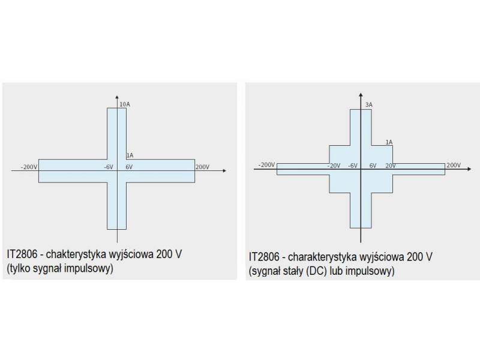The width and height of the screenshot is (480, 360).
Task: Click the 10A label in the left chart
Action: click(125, 104)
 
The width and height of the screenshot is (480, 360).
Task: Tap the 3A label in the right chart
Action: click(369, 105)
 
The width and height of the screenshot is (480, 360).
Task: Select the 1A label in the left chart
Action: click(130, 155)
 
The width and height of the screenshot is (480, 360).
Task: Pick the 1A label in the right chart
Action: click(389, 142)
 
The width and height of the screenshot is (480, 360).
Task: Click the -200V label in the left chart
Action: click(29, 166)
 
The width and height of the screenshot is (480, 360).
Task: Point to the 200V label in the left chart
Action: click(202, 166)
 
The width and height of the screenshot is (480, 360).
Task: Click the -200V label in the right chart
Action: click(266, 164)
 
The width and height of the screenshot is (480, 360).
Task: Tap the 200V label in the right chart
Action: click(454, 165)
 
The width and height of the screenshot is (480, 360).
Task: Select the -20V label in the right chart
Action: click(334, 166)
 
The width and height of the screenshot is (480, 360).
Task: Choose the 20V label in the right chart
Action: click(390, 166)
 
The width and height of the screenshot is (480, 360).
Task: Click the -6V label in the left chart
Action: click(108, 166)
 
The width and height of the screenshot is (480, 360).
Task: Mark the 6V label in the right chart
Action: click(373, 166)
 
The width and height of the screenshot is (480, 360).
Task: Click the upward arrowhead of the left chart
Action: click(117, 96)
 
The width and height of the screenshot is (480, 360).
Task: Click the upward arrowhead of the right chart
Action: click(360, 94)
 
